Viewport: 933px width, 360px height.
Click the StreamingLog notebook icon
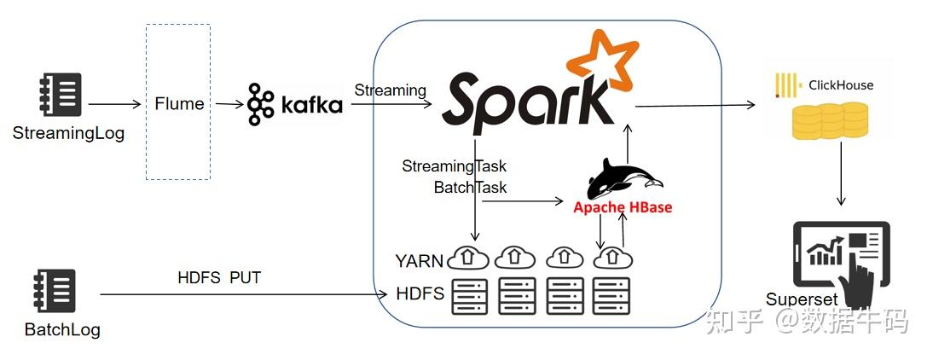[x=61, y=95]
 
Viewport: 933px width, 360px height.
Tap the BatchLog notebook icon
[x=55, y=291]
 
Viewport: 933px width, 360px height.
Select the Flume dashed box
[x=178, y=102]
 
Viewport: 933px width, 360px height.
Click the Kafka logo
[x=295, y=105]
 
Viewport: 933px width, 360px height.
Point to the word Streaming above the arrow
[x=390, y=90]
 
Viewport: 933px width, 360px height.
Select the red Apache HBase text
[x=623, y=207]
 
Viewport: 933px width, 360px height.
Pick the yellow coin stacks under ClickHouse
[x=829, y=120]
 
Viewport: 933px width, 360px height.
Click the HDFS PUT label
[x=219, y=277]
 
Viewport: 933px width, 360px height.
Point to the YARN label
[x=418, y=260]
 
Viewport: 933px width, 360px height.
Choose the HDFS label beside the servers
[x=420, y=294]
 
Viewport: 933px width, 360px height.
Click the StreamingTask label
[x=454, y=166]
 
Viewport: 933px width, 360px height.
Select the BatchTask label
[x=470, y=187]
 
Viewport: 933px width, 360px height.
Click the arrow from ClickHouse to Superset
[x=841, y=174]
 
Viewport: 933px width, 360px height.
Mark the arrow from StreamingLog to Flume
[x=114, y=104]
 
